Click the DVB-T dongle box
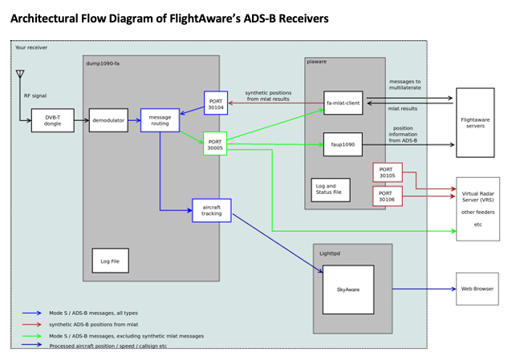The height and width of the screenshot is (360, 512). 52,120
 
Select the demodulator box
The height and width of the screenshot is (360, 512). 108,120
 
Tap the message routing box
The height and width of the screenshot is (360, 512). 160,120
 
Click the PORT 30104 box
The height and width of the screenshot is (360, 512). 215,103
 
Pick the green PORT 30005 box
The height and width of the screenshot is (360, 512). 215,144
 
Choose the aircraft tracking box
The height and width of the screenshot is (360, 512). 212,210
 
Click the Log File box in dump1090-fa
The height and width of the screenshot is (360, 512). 110,261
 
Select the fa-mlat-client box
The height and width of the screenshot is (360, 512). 343,103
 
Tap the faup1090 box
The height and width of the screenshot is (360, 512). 343,144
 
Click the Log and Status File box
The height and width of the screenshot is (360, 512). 331,190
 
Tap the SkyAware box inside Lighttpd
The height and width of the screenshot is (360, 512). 347,289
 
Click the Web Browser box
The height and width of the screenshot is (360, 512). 477,288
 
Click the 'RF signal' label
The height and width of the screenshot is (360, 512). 35,95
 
